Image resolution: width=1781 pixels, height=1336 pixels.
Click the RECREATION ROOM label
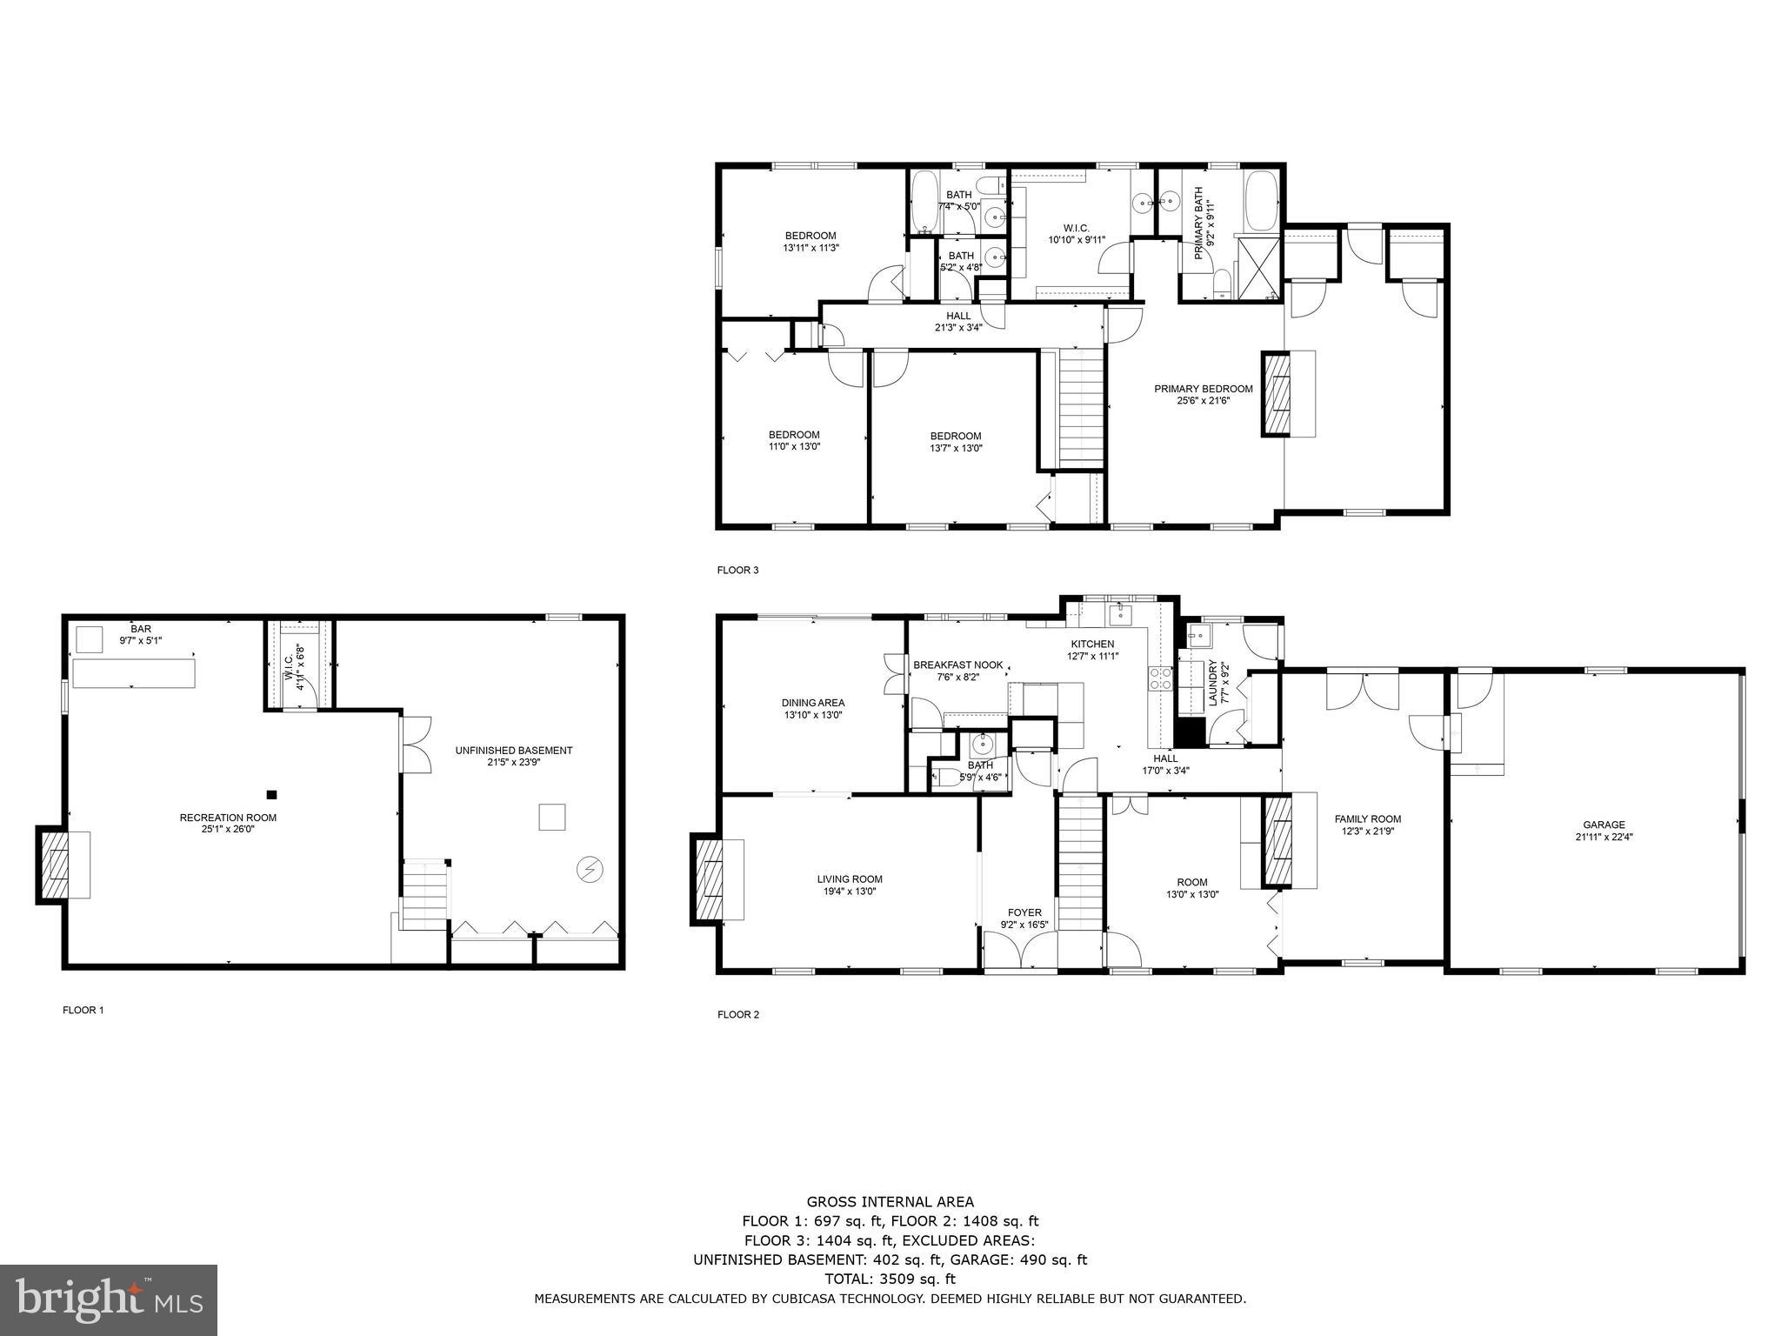pyautogui.click(x=228, y=817)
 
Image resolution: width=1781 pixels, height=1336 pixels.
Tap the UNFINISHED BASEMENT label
pyautogui.click(x=514, y=750)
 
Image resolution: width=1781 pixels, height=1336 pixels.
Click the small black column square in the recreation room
pyautogui.click(x=271, y=794)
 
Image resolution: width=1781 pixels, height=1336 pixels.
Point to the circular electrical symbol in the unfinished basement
pyautogui.click(x=589, y=869)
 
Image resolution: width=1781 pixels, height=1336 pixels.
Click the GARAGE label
pyautogui.click(x=1604, y=825)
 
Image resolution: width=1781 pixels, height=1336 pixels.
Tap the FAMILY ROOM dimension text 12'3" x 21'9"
pyautogui.click(x=1368, y=831)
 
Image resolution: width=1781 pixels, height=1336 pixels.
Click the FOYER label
pyautogui.click(x=1024, y=912)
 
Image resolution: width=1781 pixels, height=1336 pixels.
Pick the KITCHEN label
pyautogui.click(x=1092, y=644)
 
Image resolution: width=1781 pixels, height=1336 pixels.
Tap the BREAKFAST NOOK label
pyautogui.click(x=958, y=665)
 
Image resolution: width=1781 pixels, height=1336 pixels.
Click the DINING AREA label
pyautogui.click(x=813, y=703)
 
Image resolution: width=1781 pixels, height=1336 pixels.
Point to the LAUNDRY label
pyautogui.click(x=1212, y=682)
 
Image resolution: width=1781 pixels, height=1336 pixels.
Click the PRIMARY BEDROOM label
pyautogui.click(x=1204, y=389)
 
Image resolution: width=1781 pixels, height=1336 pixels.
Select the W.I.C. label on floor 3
pyautogui.click(x=1076, y=228)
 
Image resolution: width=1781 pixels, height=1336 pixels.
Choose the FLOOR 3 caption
pyautogui.click(x=737, y=571)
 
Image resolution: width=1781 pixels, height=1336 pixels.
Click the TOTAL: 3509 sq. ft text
pyautogui.click(x=890, y=1279)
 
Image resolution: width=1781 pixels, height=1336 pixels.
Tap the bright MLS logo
pyautogui.click(x=109, y=1299)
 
